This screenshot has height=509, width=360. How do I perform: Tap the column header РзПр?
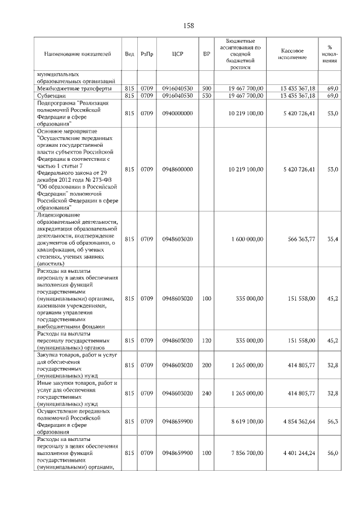point(147,54)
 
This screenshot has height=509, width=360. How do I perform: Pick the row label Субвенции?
point(52,96)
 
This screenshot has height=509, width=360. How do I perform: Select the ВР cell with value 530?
point(206,96)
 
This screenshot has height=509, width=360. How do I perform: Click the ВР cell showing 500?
point(206,88)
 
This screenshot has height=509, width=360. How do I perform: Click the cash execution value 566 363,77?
point(299,239)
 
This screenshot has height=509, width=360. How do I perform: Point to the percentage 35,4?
point(332,239)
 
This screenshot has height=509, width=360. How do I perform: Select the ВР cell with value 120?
point(206,340)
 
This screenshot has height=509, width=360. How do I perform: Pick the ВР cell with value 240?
point(206,393)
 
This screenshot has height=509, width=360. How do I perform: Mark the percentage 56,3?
point(332,421)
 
